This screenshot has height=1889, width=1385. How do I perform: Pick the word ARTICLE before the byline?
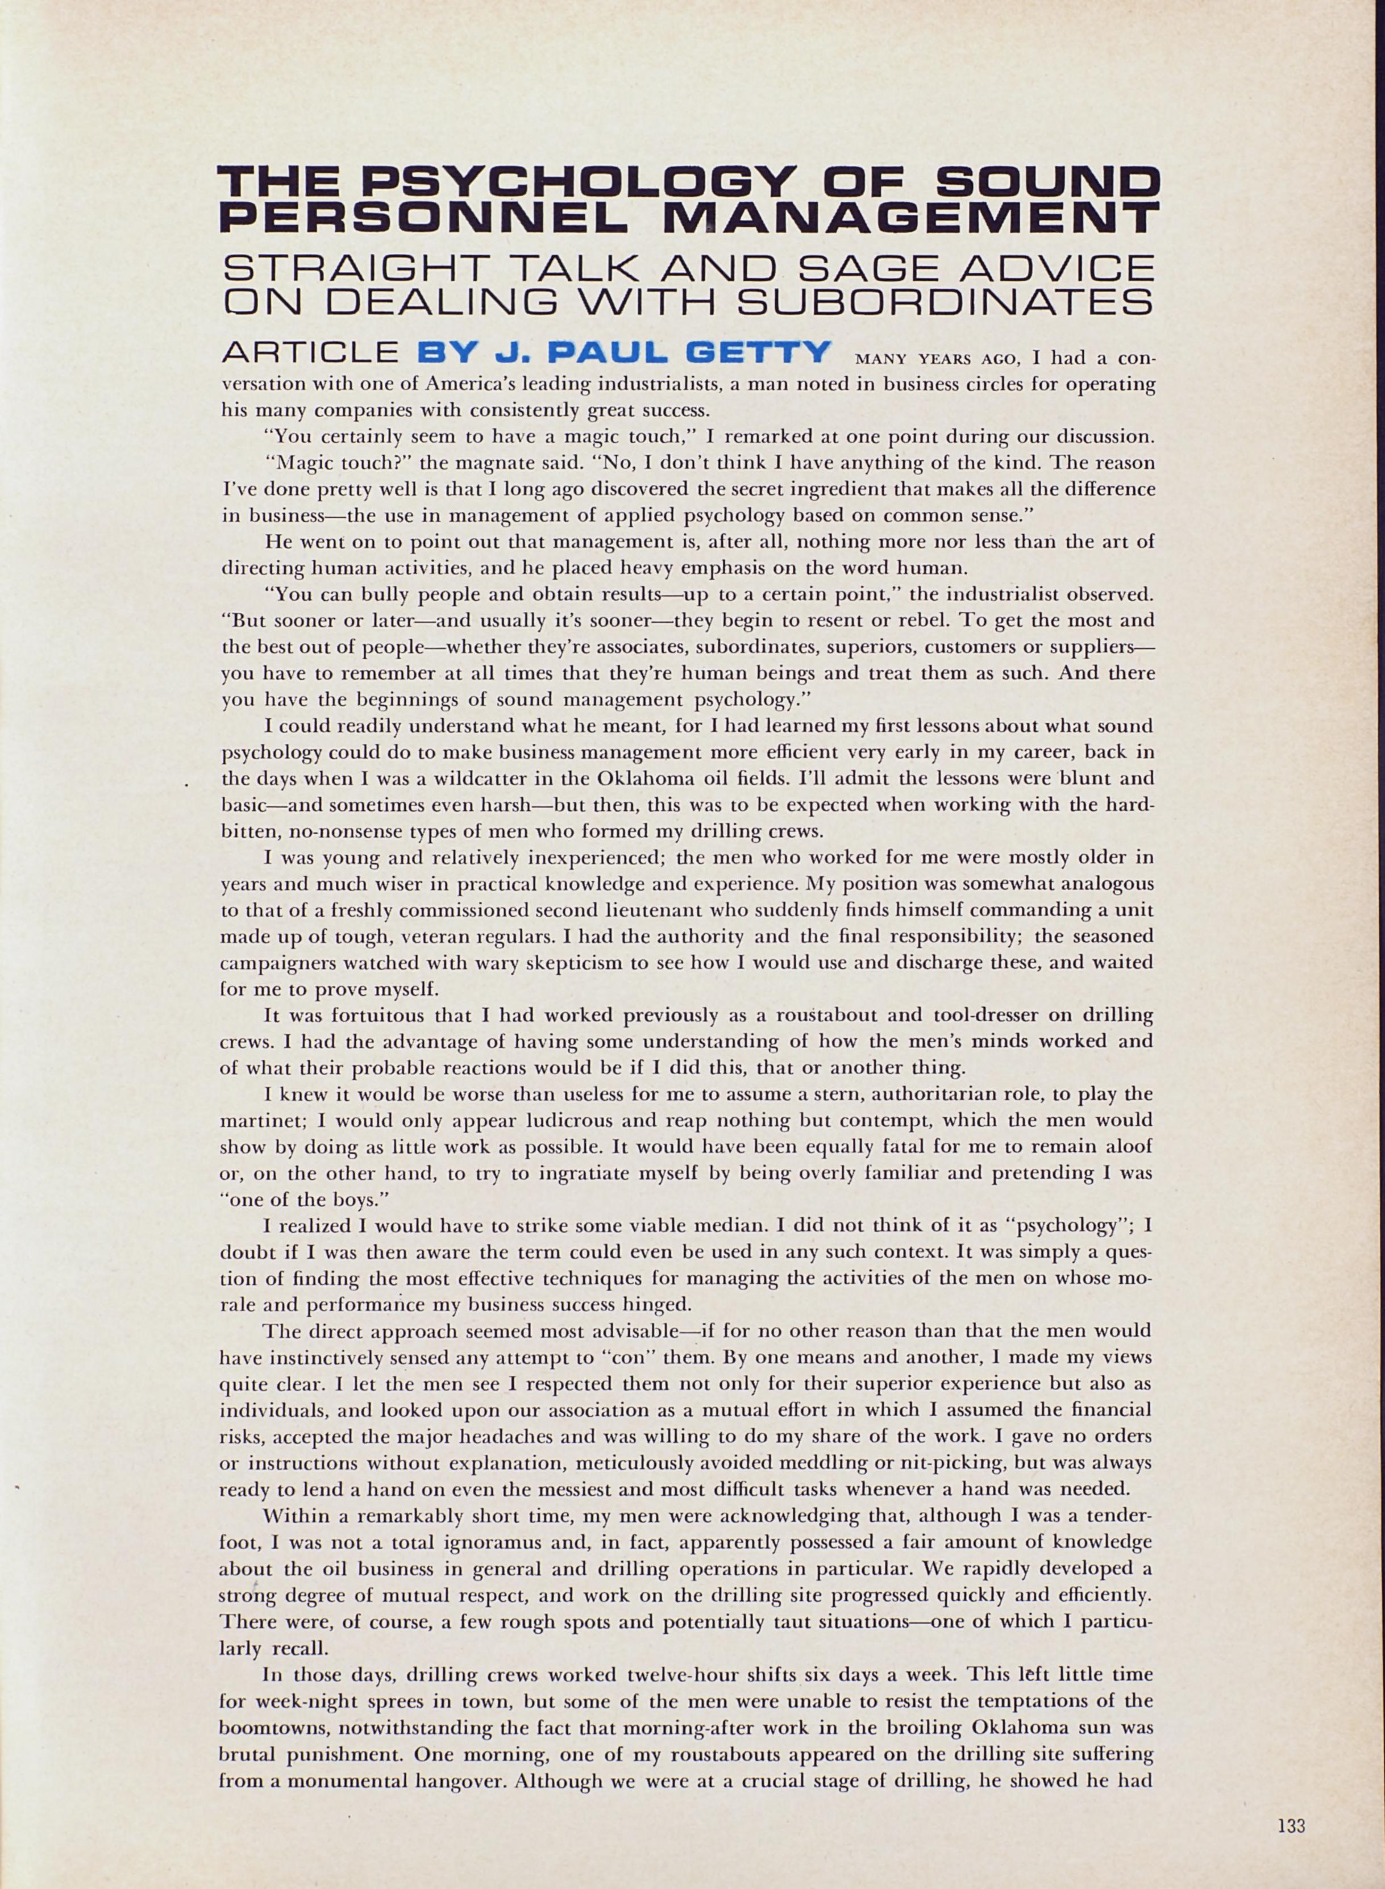tap(310, 352)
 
